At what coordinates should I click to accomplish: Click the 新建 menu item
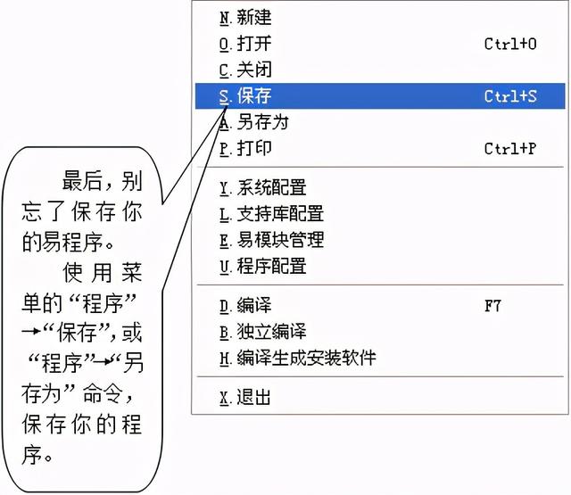coord(245,18)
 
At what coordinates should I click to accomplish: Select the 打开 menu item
coord(245,44)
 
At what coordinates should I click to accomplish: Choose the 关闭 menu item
coord(245,70)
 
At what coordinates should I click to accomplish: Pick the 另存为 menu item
coord(253,122)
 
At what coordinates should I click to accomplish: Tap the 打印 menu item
coord(245,148)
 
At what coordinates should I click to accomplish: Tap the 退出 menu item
coord(245,398)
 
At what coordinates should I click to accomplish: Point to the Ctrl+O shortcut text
coord(510,44)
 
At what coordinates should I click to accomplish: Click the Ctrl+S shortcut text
coord(510,95)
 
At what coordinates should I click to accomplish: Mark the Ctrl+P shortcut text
coord(510,148)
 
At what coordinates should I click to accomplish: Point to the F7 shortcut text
coord(492,306)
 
